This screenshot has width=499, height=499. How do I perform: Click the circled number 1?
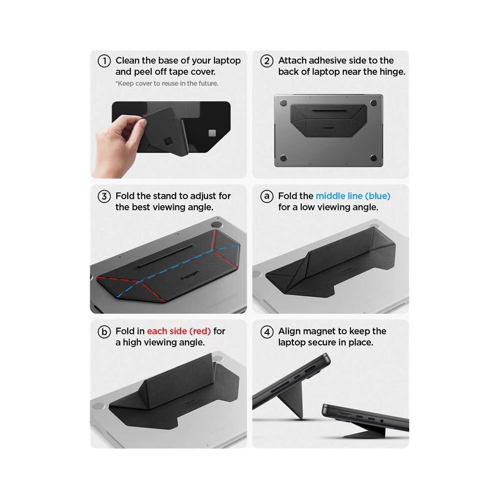tap(104, 61)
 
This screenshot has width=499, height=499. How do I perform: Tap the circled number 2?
tap(266, 61)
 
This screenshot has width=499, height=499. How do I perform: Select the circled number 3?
tap(104, 196)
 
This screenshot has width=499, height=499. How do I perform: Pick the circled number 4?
tap(266, 332)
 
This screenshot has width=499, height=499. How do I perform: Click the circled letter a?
tap(266, 196)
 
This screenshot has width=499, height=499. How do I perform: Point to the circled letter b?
tap(104, 332)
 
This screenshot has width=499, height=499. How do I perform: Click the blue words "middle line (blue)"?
tap(353, 196)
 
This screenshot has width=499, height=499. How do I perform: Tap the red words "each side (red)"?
tap(179, 331)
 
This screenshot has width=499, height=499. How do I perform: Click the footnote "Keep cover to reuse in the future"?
tap(167, 83)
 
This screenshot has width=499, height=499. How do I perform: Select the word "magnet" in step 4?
tap(331, 331)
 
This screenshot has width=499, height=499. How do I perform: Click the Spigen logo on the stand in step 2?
tap(329, 128)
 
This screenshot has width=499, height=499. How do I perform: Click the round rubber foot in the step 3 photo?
tap(217, 225)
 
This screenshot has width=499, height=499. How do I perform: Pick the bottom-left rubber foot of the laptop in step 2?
tap(283, 158)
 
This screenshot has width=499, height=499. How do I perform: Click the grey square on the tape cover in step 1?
tap(212, 133)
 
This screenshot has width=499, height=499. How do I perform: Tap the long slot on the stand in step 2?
tap(329, 111)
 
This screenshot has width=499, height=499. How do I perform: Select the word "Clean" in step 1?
tap(128, 60)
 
